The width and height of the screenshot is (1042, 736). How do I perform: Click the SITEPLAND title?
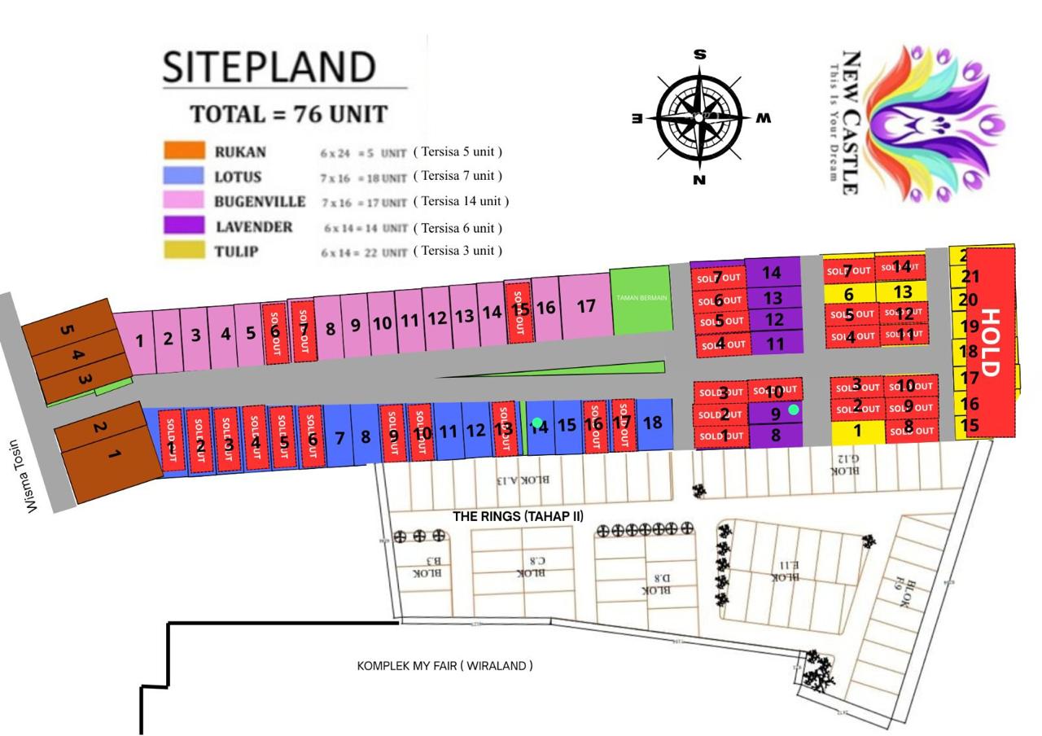(x=269, y=68)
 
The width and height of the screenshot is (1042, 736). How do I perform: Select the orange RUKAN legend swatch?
(x=184, y=151)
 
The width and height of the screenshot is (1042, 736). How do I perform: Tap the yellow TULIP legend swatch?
(x=184, y=251)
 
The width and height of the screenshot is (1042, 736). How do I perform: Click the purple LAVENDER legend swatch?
(x=184, y=226)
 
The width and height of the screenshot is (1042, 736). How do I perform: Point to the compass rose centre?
(x=699, y=117)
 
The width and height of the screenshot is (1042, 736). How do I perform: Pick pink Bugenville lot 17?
(x=585, y=307)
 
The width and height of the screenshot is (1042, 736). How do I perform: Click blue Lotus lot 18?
(x=653, y=423)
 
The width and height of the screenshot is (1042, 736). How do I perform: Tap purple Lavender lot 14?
(x=772, y=273)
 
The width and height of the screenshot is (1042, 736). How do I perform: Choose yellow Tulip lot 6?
(x=848, y=294)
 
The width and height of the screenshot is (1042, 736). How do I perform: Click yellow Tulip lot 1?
(x=857, y=431)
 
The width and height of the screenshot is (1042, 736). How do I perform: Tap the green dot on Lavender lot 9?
(x=794, y=410)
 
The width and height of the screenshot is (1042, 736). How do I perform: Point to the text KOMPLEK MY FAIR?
(x=444, y=666)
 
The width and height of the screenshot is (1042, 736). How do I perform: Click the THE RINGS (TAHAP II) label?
(x=518, y=516)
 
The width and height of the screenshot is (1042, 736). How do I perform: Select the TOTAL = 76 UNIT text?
(x=289, y=114)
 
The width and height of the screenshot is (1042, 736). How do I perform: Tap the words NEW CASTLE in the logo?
(x=851, y=122)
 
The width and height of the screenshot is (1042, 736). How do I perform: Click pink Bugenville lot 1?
(x=139, y=340)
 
